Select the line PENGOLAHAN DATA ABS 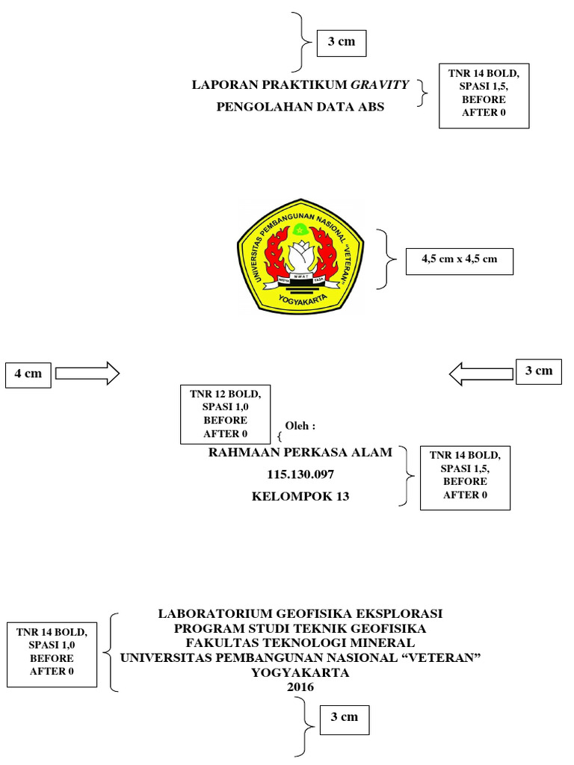300,107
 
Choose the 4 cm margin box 28,374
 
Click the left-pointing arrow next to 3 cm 483,371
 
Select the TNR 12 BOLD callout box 226,413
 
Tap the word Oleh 300,426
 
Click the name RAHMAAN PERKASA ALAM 299,453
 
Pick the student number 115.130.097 300,474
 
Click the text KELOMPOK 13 300,496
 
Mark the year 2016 300,687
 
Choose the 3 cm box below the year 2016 345,717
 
